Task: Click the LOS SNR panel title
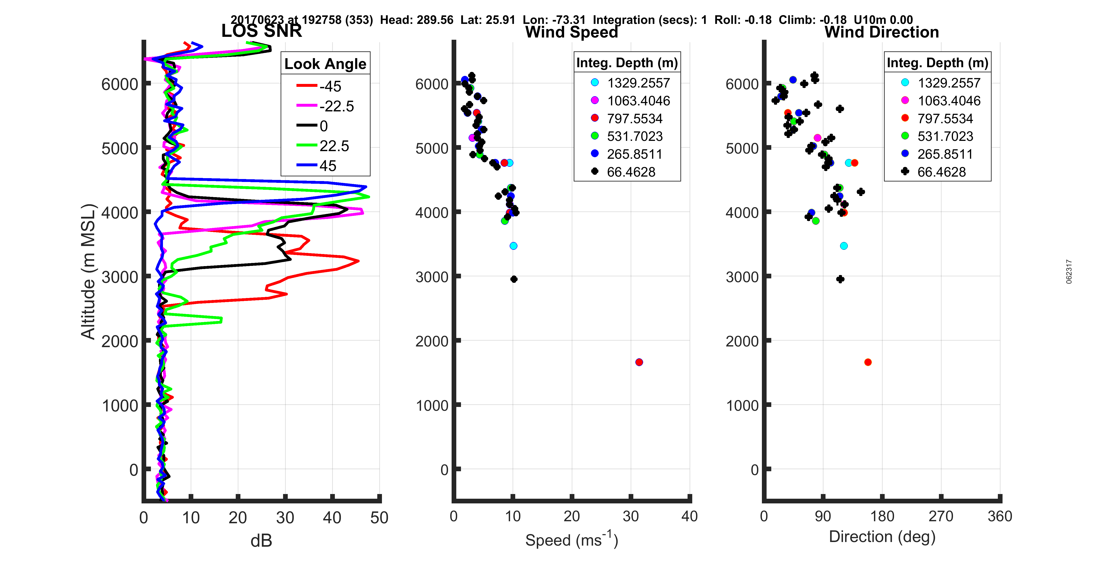tap(261, 31)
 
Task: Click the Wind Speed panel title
tap(571, 32)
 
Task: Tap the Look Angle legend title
tap(325, 64)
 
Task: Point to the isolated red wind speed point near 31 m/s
tap(639, 362)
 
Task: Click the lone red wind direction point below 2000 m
tap(868, 362)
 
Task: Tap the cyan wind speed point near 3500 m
tap(513, 246)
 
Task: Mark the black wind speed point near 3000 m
tap(514, 279)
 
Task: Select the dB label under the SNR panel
tap(261, 541)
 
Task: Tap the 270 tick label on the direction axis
tap(941, 516)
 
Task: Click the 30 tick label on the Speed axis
tap(631, 516)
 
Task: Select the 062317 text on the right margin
tap(1069, 272)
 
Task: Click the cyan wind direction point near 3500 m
tap(844, 246)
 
